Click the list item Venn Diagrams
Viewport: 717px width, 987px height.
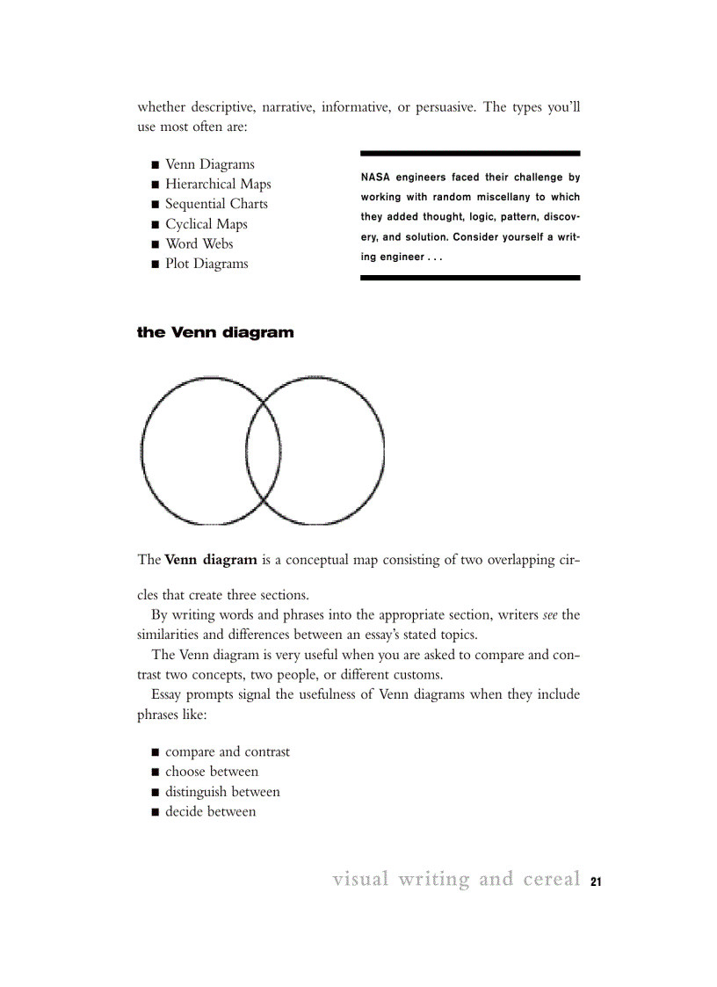coord(209,164)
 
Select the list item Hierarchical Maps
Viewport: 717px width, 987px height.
coord(218,185)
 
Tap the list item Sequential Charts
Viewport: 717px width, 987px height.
coord(216,204)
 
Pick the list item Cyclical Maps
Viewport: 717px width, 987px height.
coord(206,224)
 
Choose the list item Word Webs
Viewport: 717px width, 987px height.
coord(199,244)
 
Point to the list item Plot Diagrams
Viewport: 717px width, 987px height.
coord(206,264)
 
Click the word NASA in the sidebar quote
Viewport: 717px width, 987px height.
coord(375,178)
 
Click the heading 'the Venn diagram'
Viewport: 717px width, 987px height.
coord(215,333)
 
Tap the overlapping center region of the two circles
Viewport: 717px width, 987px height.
coord(264,451)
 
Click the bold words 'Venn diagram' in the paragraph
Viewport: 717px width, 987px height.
coord(211,560)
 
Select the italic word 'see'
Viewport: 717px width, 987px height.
coord(550,614)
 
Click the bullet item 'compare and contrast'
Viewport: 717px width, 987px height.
coord(227,752)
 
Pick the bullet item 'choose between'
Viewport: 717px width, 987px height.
coord(212,772)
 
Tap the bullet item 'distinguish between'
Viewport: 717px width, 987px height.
coord(222,792)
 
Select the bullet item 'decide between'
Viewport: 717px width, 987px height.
coord(211,812)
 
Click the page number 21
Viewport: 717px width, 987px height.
coord(596,882)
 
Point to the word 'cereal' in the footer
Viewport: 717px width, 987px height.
coord(551,879)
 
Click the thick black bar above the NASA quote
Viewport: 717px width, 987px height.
coord(470,153)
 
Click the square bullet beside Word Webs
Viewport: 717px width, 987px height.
coord(155,245)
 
